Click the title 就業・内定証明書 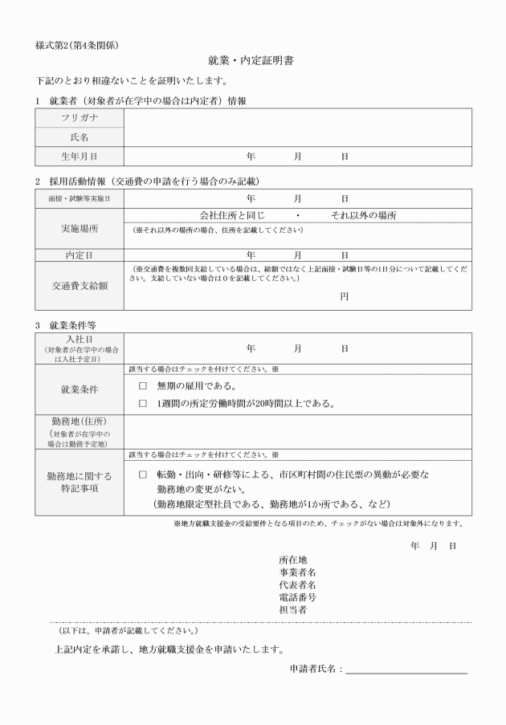253,62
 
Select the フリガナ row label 80,118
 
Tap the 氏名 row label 80,137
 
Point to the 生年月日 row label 80,156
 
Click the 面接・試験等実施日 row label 80,198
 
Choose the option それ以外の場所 363,215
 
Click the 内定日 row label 80,255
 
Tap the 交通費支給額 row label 80,285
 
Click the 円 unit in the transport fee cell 344,296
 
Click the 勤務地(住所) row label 80,422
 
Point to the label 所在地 292,560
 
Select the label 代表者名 297,584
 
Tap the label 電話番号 297,597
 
